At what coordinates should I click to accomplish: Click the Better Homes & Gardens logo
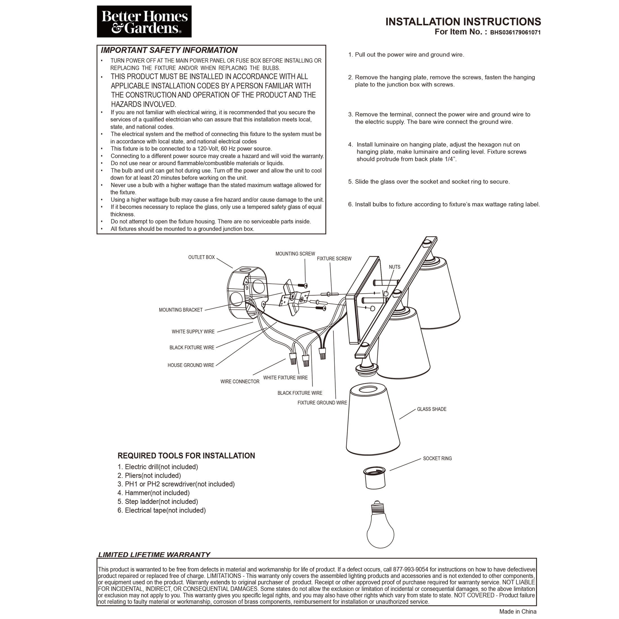[x=144, y=21]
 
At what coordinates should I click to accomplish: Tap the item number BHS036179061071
[x=515, y=32]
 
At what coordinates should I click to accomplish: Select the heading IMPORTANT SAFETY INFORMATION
[x=169, y=50]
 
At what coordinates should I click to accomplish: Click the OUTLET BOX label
[x=201, y=257]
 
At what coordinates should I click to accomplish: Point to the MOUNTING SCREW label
[x=295, y=254]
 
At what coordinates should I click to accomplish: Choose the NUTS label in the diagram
[x=394, y=267]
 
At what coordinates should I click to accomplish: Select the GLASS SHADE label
[x=432, y=409]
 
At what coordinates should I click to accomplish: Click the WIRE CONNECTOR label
[x=240, y=382]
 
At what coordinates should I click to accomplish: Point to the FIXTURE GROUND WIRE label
[x=322, y=403]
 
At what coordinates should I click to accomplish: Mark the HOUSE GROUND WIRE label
[x=191, y=365]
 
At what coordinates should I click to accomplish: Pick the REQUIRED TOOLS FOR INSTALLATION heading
[x=186, y=456]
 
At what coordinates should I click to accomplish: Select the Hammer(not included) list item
[x=154, y=493]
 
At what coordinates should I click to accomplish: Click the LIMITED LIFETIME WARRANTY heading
[x=154, y=555]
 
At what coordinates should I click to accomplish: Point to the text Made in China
[x=517, y=612]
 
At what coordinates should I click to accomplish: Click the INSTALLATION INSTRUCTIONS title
[x=463, y=21]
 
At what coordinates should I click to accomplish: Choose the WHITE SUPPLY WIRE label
[x=193, y=332]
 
